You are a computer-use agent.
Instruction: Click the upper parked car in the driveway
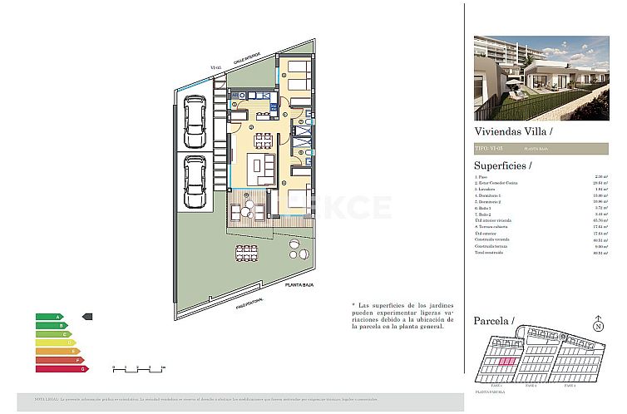pyautogui.click(x=195, y=121)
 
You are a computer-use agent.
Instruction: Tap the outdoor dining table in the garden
pyautogui.click(x=246, y=251)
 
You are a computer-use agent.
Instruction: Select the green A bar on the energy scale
pyautogui.click(x=49, y=317)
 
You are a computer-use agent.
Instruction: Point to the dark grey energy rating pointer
pyautogui.click(x=88, y=317)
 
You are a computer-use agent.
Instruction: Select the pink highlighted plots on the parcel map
pyautogui.click(x=506, y=361)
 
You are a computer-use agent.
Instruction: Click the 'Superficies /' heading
pyautogui.click(x=507, y=165)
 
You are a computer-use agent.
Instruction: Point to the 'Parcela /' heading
pyautogui.click(x=494, y=321)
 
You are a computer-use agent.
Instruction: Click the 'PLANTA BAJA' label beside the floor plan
pyautogui.click(x=304, y=284)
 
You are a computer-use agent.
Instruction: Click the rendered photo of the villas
pyautogui.click(x=541, y=77)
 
